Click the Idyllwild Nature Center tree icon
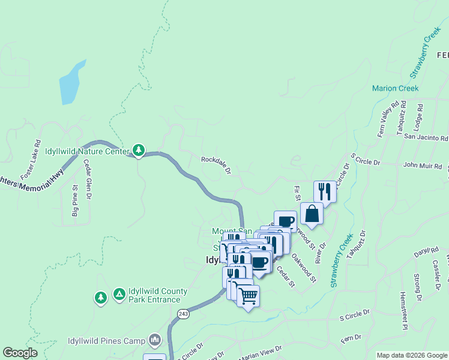139,149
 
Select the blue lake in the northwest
71,83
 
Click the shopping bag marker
312,214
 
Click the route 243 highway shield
183,313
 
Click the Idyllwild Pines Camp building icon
155,341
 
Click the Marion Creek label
395,88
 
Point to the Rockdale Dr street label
216,165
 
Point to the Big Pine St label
75,205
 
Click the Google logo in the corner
20,353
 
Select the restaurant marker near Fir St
325,191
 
